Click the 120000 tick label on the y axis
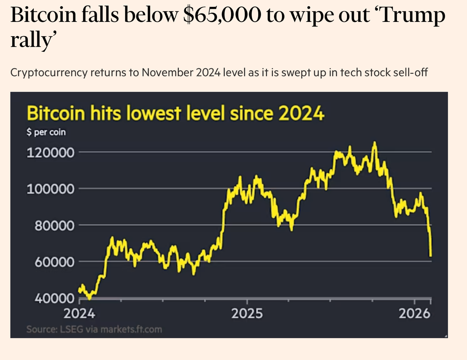(50, 152)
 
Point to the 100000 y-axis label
(50, 189)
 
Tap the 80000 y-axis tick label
(54, 226)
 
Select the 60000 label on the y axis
(54, 262)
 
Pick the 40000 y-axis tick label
(54, 298)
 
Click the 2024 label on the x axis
(79, 314)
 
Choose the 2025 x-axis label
(247, 314)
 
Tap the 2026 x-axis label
(414, 314)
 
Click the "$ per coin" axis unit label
(46, 132)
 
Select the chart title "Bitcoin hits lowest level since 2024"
(175, 114)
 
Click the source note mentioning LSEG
(94, 329)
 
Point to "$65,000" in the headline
(222, 15)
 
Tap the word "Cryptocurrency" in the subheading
(49, 72)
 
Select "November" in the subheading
(168, 72)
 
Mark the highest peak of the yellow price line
(375, 142)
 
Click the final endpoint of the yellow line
(431, 256)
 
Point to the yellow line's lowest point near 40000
(89, 298)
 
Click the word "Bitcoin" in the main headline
(43, 15)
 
